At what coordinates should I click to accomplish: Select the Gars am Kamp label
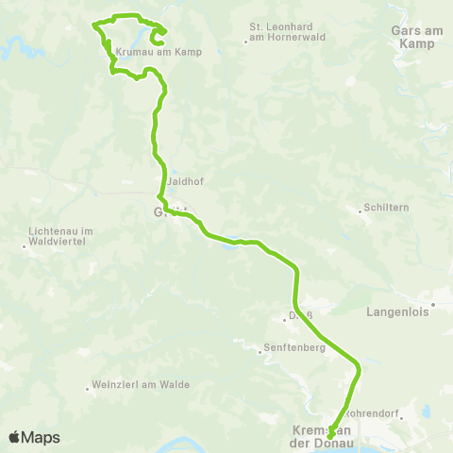pyautogui.click(x=412, y=37)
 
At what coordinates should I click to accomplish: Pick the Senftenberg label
pyautogui.click(x=295, y=348)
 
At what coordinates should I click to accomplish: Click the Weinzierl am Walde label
pyautogui.click(x=141, y=385)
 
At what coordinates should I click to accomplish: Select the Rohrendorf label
pyautogui.click(x=375, y=412)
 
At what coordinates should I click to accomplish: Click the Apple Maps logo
pyautogui.click(x=34, y=437)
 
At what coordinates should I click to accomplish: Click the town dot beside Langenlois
pyautogui.click(x=433, y=305)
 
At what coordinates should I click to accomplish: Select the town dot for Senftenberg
pyautogui.click(x=260, y=353)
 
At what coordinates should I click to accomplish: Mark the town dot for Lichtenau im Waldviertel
pyautogui.click(x=25, y=247)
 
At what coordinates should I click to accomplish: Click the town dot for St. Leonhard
pyautogui.click(x=246, y=42)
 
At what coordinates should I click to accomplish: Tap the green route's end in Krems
pyautogui.click(x=330, y=436)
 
